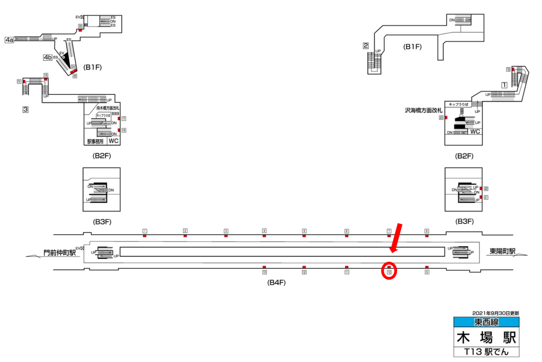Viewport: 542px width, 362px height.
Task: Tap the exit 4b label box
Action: pos(48,57)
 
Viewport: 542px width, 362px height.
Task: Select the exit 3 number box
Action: pos(25,110)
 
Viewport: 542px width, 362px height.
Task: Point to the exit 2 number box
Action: pos(365,46)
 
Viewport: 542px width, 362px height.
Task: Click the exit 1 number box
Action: pos(504,85)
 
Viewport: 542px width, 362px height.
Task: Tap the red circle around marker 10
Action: pos(389,271)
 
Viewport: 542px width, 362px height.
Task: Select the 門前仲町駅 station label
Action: pos(60,253)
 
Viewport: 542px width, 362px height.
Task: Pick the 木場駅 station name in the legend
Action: pos(486,337)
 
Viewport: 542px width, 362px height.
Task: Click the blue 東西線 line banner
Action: pos(486,322)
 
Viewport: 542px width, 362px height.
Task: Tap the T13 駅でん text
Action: pos(486,351)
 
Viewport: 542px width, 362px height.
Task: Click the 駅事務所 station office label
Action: pos(97,141)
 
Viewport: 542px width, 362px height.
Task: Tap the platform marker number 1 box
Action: pos(144,231)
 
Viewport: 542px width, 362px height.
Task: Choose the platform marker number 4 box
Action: pos(264,231)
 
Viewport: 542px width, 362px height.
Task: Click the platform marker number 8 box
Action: pos(427,231)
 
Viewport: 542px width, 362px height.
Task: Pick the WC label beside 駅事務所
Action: pos(114,141)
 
